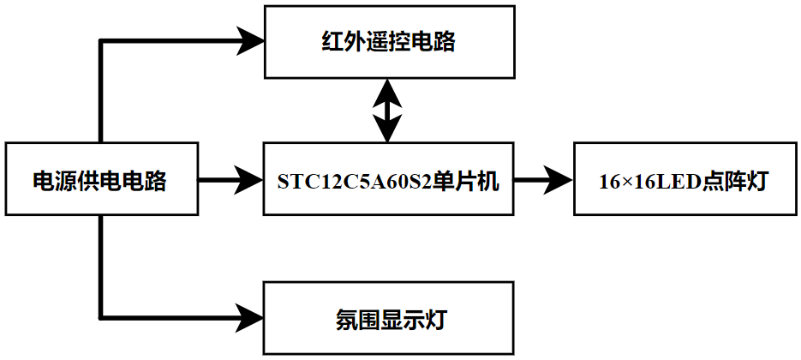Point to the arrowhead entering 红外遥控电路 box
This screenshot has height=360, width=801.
pos(251,40)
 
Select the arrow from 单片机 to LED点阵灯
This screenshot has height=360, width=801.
pos(544,180)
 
